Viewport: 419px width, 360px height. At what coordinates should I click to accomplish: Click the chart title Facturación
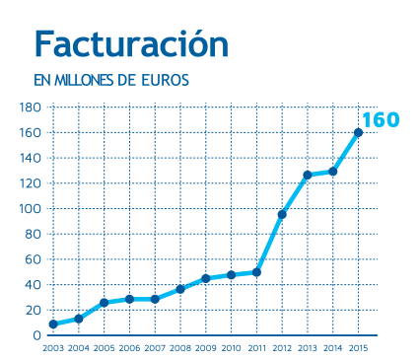[x=131, y=43]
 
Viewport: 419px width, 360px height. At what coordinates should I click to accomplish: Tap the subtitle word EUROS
[x=163, y=79]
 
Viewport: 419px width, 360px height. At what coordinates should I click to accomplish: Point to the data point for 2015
[x=358, y=132]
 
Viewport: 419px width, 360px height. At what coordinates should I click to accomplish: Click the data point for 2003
[x=53, y=324]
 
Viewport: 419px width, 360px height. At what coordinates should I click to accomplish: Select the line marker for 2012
[x=282, y=214]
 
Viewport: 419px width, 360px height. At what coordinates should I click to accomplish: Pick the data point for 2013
[x=308, y=175]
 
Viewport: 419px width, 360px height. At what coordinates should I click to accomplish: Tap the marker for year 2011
[x=256, y=272]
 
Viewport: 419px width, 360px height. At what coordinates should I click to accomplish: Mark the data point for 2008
[x=180, y=289]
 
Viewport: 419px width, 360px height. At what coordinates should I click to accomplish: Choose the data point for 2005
[x=105, y=303]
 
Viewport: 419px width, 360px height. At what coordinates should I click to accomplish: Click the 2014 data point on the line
[x=333, y=172]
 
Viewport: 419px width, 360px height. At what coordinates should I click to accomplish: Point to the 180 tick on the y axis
[x=30, y=107]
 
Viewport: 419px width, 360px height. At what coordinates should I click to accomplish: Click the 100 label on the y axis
[x=30, y=209]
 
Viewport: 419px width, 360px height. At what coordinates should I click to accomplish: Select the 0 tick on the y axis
[x=36, y=336]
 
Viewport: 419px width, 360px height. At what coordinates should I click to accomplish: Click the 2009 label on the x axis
[x=206, y=348]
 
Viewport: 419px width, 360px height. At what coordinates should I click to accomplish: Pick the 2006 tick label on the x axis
[x=129, y=348]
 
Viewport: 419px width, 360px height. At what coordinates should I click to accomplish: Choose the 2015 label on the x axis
[x=358, y=348]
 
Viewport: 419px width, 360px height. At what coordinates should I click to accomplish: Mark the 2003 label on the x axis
[x=53, y=348]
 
